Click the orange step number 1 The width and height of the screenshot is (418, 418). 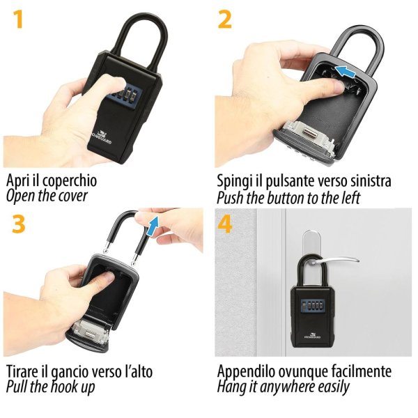tap(18, 20)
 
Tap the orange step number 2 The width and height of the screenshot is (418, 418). tap(225, 20)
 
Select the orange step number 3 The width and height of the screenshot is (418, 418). tap(19, 224)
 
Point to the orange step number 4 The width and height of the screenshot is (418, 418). tap(225, 224)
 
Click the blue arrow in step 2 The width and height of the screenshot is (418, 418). tap(346, 72)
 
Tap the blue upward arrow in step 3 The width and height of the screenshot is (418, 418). tap(153, 226)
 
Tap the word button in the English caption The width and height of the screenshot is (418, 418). tap(286, 198)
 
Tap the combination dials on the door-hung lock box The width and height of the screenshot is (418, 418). tap(312, 304)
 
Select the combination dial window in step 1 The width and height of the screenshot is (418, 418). tap(124, 98)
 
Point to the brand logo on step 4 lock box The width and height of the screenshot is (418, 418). tap(312, 335)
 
